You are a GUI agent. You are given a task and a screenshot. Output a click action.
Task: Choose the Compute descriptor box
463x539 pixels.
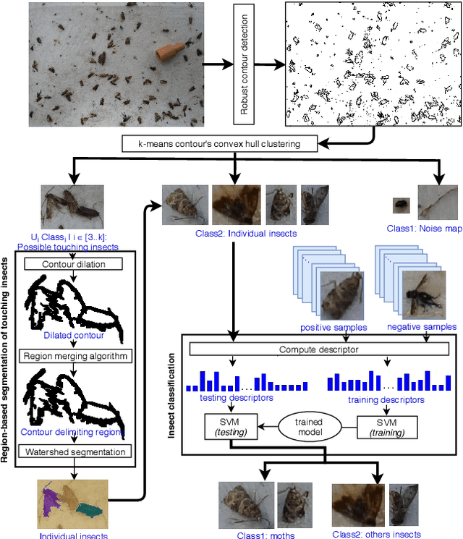(319, 350)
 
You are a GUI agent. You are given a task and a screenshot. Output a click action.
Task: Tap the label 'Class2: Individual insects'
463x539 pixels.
(237, 233)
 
